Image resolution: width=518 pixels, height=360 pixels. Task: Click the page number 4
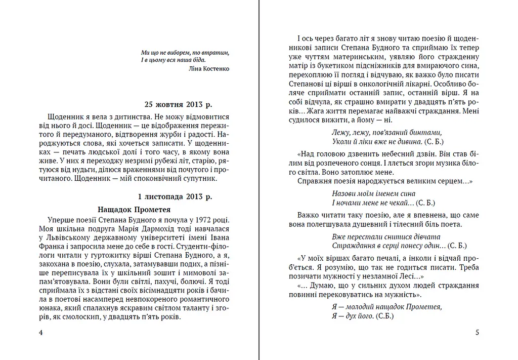pos(40,333)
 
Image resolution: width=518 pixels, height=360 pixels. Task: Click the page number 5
pos(477,333)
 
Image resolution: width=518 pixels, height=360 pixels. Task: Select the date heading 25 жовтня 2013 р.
pos(178,105)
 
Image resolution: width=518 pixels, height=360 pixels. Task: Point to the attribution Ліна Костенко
pos(208,68)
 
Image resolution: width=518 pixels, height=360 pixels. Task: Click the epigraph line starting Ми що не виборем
pos(185,52)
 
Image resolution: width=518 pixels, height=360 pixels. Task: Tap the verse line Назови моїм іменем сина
pos(374,193)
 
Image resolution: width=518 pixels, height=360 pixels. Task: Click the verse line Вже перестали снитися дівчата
pos(386,236)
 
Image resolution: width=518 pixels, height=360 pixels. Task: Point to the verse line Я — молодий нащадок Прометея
pos(387,306)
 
